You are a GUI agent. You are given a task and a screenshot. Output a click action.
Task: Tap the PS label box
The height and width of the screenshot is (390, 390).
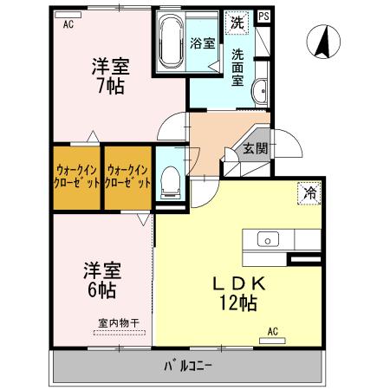[x=263, y=16]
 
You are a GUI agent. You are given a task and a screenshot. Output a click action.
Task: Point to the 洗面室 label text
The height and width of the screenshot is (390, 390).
[x=237, y=68]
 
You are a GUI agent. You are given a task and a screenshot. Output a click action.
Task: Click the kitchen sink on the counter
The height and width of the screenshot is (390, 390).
[x=267, y=239]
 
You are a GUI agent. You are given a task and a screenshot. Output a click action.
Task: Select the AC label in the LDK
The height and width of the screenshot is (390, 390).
[x=272, y=330]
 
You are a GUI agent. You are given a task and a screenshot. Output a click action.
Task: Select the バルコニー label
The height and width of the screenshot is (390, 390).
[x=188, y=365]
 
